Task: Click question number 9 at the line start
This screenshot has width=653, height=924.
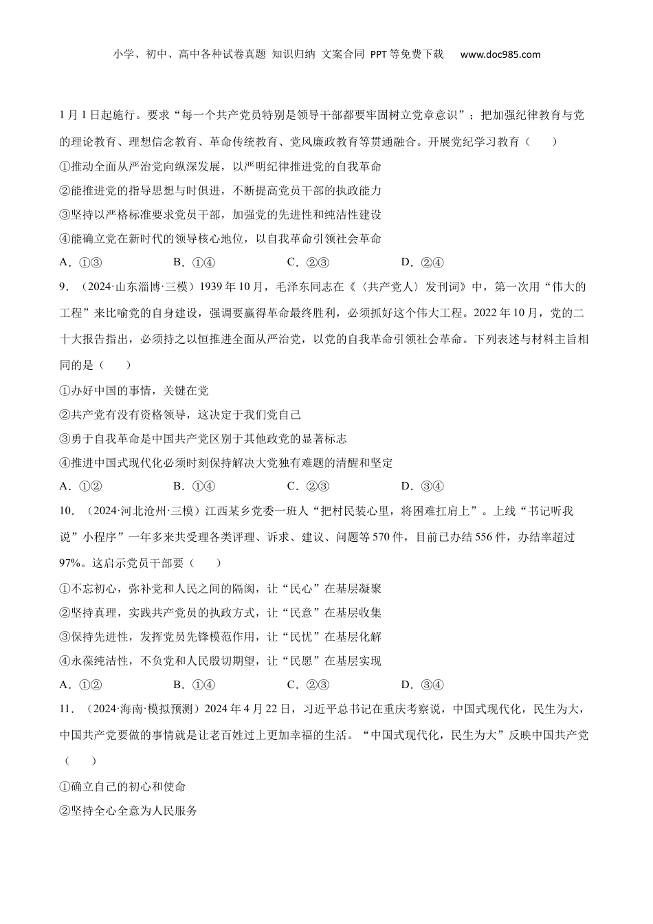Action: pos(64,287)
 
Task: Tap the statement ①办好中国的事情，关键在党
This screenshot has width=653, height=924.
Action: pos(134,390)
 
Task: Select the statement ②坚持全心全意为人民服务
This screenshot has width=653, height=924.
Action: pos(129,811)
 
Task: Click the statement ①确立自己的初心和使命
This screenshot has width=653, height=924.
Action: pos(123,786)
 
